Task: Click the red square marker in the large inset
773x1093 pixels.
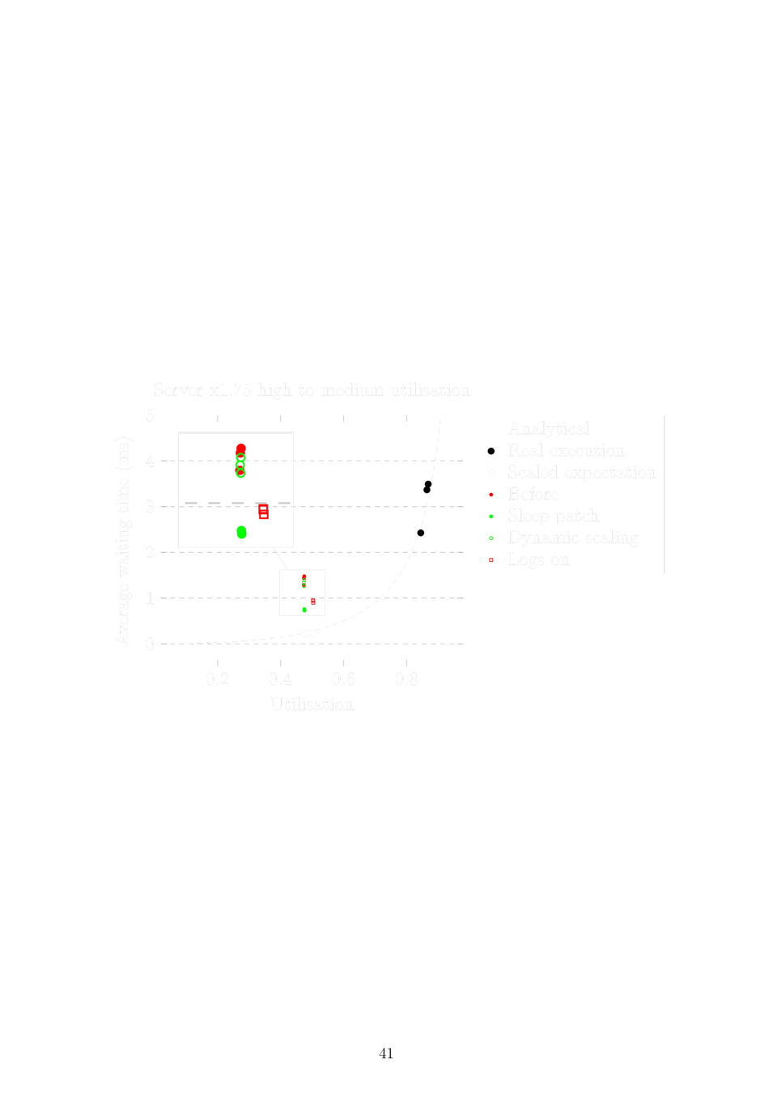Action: [x=264, y=512]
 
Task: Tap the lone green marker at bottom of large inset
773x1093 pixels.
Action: [x=241, y=532]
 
